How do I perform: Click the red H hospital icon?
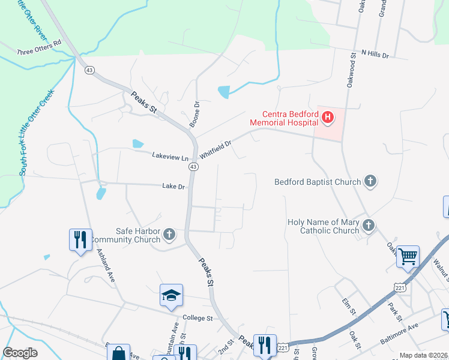click(327, 118)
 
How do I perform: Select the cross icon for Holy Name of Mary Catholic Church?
click(368, 226)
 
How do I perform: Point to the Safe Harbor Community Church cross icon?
click(169, 235)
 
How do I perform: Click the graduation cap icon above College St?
click(171, 295)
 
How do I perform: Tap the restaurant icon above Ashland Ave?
click(80, 239)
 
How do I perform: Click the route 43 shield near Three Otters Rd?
click(89, 70)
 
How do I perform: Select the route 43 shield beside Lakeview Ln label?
click(193, 168)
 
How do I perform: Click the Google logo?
click(20, 353)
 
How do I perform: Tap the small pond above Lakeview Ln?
click(137, 144)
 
